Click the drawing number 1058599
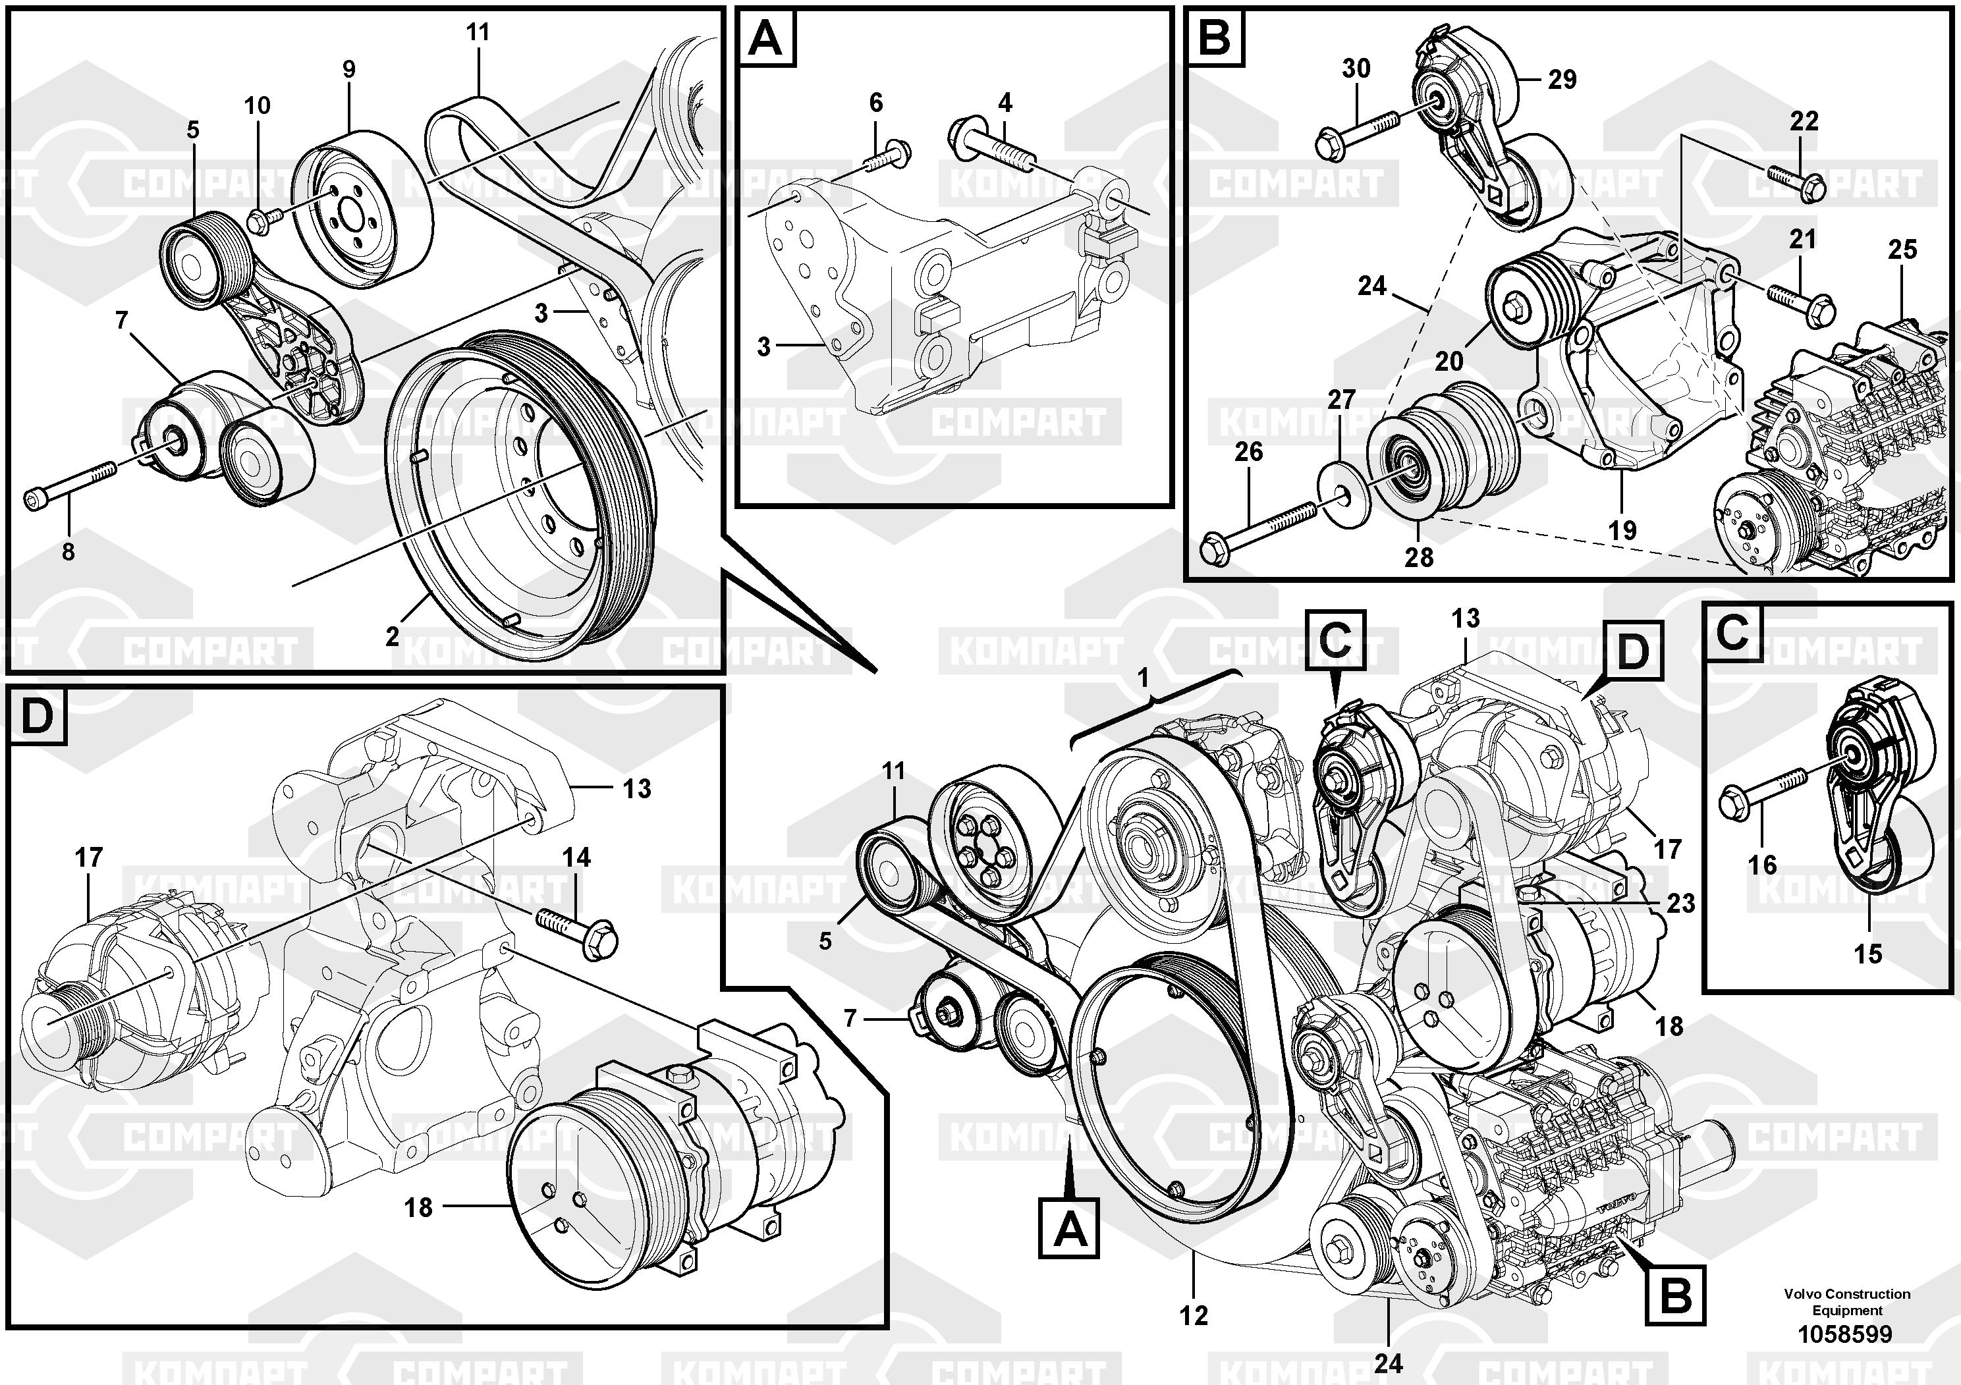(1845, 1334)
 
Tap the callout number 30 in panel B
(1356, 68)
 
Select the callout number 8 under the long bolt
(69, 552)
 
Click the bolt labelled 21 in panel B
(1797, 303)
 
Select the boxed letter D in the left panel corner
(37, 716)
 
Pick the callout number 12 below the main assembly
(1194, 1316)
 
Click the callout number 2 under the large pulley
(392, 636)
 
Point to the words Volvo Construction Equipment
(1846, 1302)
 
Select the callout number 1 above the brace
(1144, 679)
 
